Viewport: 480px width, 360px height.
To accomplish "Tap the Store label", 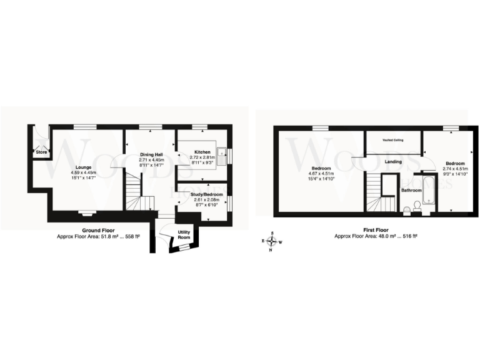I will tap(41, 152).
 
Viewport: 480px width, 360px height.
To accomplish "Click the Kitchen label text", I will tap(201, 152).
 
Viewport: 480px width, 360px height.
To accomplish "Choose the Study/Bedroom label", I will tap(206, 194).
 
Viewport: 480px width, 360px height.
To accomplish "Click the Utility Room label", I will tap(184, 234).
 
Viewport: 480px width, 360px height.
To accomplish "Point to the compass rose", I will tap(271, 240).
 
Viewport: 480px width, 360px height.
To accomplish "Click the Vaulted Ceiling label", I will tap(392, 140).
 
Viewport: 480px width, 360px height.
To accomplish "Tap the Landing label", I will tap(393, 162).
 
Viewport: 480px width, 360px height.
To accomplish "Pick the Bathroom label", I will tap(411, 189).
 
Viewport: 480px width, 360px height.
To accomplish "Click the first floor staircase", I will tap(377, 194).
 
